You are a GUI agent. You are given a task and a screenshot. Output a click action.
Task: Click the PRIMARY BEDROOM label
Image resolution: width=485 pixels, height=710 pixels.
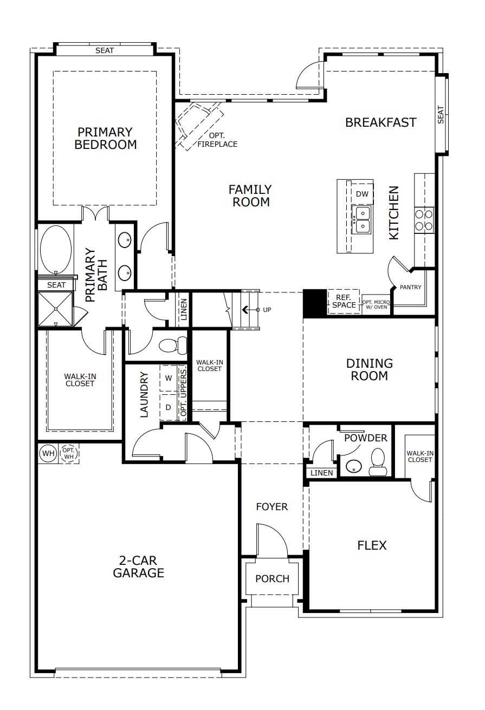click(x=105, y=139)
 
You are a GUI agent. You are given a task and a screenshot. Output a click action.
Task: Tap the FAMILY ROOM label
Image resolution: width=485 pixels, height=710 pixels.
click(x=250, y=196)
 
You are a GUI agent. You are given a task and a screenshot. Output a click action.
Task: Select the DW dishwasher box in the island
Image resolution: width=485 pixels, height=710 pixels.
click(x=362, y=194)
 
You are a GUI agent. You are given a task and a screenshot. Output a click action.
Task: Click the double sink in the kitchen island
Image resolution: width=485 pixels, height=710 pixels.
click(x=361, y=219)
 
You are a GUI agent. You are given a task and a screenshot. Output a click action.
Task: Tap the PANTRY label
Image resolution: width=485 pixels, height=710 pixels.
click(x=410, y=287)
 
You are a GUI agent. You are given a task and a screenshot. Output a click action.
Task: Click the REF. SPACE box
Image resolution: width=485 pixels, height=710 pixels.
click(x=344, y=301)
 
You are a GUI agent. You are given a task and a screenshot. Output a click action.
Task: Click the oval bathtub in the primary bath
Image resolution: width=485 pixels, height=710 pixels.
click(x=55, y=250)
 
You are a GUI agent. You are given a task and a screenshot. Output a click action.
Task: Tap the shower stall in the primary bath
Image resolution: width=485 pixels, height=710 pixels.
click(x=55, y=309)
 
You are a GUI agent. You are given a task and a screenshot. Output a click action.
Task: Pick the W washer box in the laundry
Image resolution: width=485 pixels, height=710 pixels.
click(x=169, y=378)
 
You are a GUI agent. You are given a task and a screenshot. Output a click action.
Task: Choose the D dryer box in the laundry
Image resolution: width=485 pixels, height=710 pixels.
click(x=169, y=407)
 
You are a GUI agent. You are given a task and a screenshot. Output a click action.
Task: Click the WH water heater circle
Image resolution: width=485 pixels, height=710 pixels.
click(x=49, y=453)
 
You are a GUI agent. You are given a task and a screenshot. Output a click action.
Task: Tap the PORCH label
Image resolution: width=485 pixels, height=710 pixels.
click(x=272, y=578)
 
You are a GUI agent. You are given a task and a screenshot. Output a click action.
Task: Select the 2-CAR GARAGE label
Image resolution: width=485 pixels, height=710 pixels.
click(x=138, y=566)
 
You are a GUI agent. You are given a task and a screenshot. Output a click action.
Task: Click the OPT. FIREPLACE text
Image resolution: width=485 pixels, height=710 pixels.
click(x=217, y=141)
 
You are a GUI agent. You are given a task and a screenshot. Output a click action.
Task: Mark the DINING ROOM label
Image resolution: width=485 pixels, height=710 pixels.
click(x=369, y=369)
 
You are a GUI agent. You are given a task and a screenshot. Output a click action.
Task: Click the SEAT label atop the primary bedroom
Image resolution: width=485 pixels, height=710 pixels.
click(x=105, y=50)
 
